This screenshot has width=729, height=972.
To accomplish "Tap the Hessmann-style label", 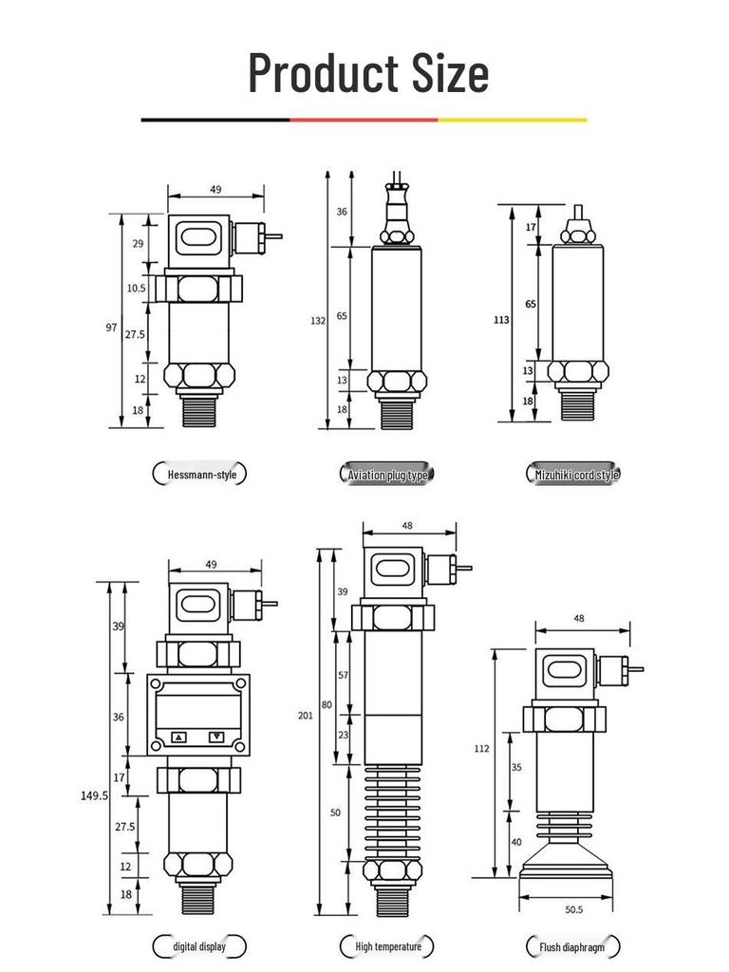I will click(200, 474).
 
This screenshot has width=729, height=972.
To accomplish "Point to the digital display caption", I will click(199, 946).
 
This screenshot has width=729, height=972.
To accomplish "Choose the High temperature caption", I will click(387, 946).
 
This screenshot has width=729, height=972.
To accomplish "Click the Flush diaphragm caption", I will click(572, 946).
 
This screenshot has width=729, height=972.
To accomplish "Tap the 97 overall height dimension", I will click(111, 327).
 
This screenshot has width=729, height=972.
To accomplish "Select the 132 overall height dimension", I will click(318, 321).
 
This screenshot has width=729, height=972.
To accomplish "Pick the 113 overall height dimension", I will click(501, 320).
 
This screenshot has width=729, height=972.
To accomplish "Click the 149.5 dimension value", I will click(94, 795).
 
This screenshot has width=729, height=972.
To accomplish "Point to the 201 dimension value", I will click(305, 715).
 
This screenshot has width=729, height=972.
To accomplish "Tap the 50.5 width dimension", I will click(573, 909).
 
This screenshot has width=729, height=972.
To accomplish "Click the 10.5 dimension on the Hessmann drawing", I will click(137, 288).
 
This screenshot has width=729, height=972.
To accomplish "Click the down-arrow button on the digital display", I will click(217, 737).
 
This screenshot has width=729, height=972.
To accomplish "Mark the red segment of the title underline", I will click(364, 120).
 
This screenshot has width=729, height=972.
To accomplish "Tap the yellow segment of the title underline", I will click(513, 120).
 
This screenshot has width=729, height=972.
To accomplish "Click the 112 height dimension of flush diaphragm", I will click(482, 748).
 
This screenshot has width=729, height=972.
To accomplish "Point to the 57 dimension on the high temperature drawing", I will click(344, 675).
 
